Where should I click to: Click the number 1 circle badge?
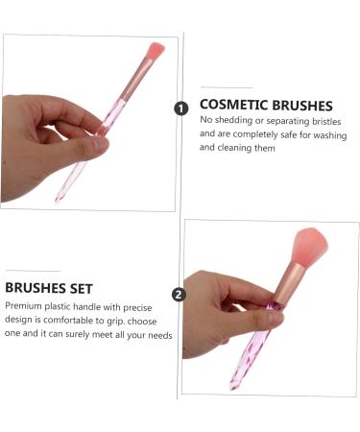click(181, 108)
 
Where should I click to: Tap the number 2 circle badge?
click(179, 295)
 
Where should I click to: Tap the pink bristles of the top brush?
click(155, 50)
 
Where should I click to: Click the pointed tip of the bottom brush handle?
click(233, 386)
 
